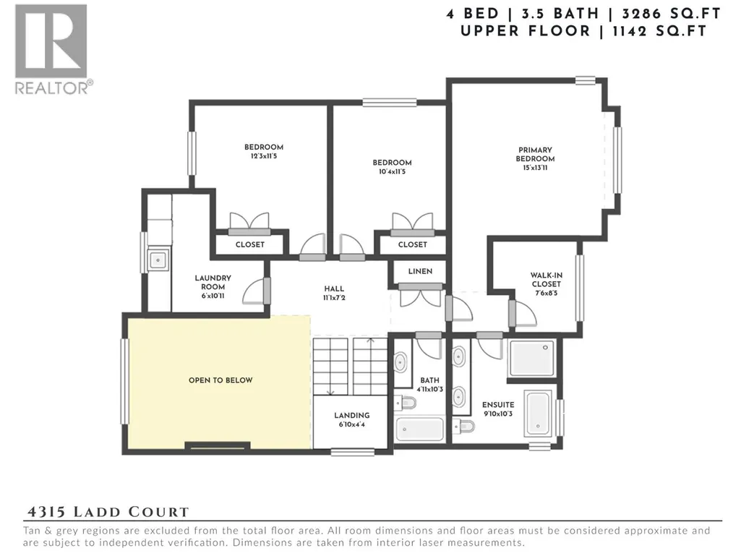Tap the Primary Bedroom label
click(x=535, y=158)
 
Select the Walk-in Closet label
click(x=546, y=283)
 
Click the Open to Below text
click(x=220, y=380)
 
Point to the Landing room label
click(x=351, y=419)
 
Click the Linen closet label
click(x=420, y=271)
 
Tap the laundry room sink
click(x=158, y=260)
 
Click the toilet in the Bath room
click(x=406, y=403)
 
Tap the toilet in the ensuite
click(x=463, y=426)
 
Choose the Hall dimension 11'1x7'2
click(x=334, y=298)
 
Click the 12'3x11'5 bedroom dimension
click(x=264, y=156)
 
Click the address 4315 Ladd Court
click(x=108, y=512)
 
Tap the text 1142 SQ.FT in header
click(x=659, y=31)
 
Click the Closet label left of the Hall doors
click(x=250, y=244)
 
